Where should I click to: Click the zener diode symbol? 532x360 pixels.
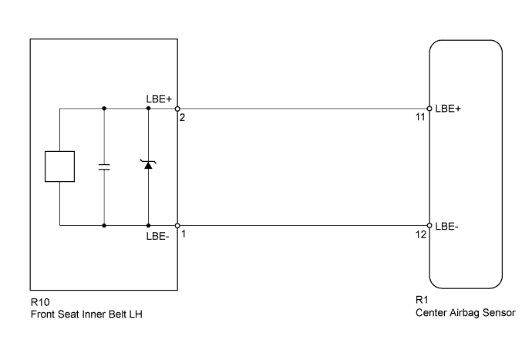point(148,166)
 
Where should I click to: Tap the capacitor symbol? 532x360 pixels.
point(104,167)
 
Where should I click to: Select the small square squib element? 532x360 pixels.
point(59,167)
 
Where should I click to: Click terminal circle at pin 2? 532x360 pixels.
point(177,108)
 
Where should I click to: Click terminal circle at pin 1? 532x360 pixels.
point(177,226)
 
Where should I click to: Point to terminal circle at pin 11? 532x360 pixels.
point(429,108)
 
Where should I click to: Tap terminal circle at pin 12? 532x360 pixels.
point(429,226)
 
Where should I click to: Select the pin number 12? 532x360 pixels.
point(420,234)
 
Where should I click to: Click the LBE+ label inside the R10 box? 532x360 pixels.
point(159,99)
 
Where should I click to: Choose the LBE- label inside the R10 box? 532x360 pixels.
point(158,235)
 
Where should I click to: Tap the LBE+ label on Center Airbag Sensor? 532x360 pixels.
point(448,109)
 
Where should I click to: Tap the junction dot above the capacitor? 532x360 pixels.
point(104,108)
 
